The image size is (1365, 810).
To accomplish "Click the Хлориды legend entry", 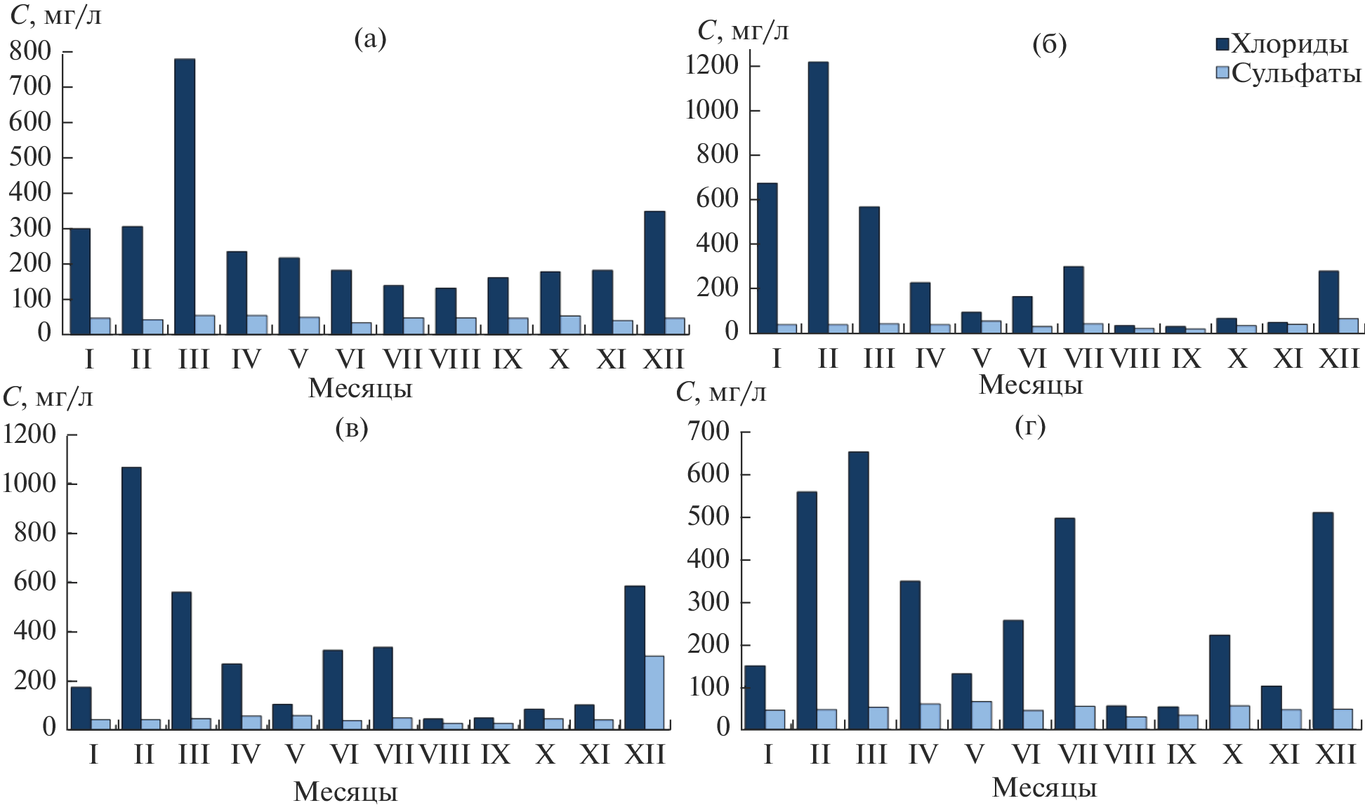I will click(x=1289, y=44).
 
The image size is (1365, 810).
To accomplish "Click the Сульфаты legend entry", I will click(x=1295, y=73).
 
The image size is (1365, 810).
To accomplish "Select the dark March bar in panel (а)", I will click(x=185, y=197).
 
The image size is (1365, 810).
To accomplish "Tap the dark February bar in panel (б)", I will click(x=818, y=197).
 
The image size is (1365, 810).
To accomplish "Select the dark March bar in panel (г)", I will click(x=858, y=590).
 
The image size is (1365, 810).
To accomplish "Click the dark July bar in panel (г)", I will click(x=1064, y=623).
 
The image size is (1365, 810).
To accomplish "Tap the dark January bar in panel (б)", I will click(x=767, y=258).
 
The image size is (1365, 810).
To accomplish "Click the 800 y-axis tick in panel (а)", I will click(x=31, y=51).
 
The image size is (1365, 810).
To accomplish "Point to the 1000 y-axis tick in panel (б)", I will click(x=712, y=110).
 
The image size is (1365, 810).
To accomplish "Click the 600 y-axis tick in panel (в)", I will click(x=35, y=582).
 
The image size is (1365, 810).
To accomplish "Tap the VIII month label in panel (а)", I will click(x=455, y=360).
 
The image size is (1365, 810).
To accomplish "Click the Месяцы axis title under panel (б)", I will click(x=1031, y=385).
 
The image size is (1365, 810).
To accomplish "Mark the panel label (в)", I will click(x=352, y=427).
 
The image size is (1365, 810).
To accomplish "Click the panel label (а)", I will click(x=371, y=39).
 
